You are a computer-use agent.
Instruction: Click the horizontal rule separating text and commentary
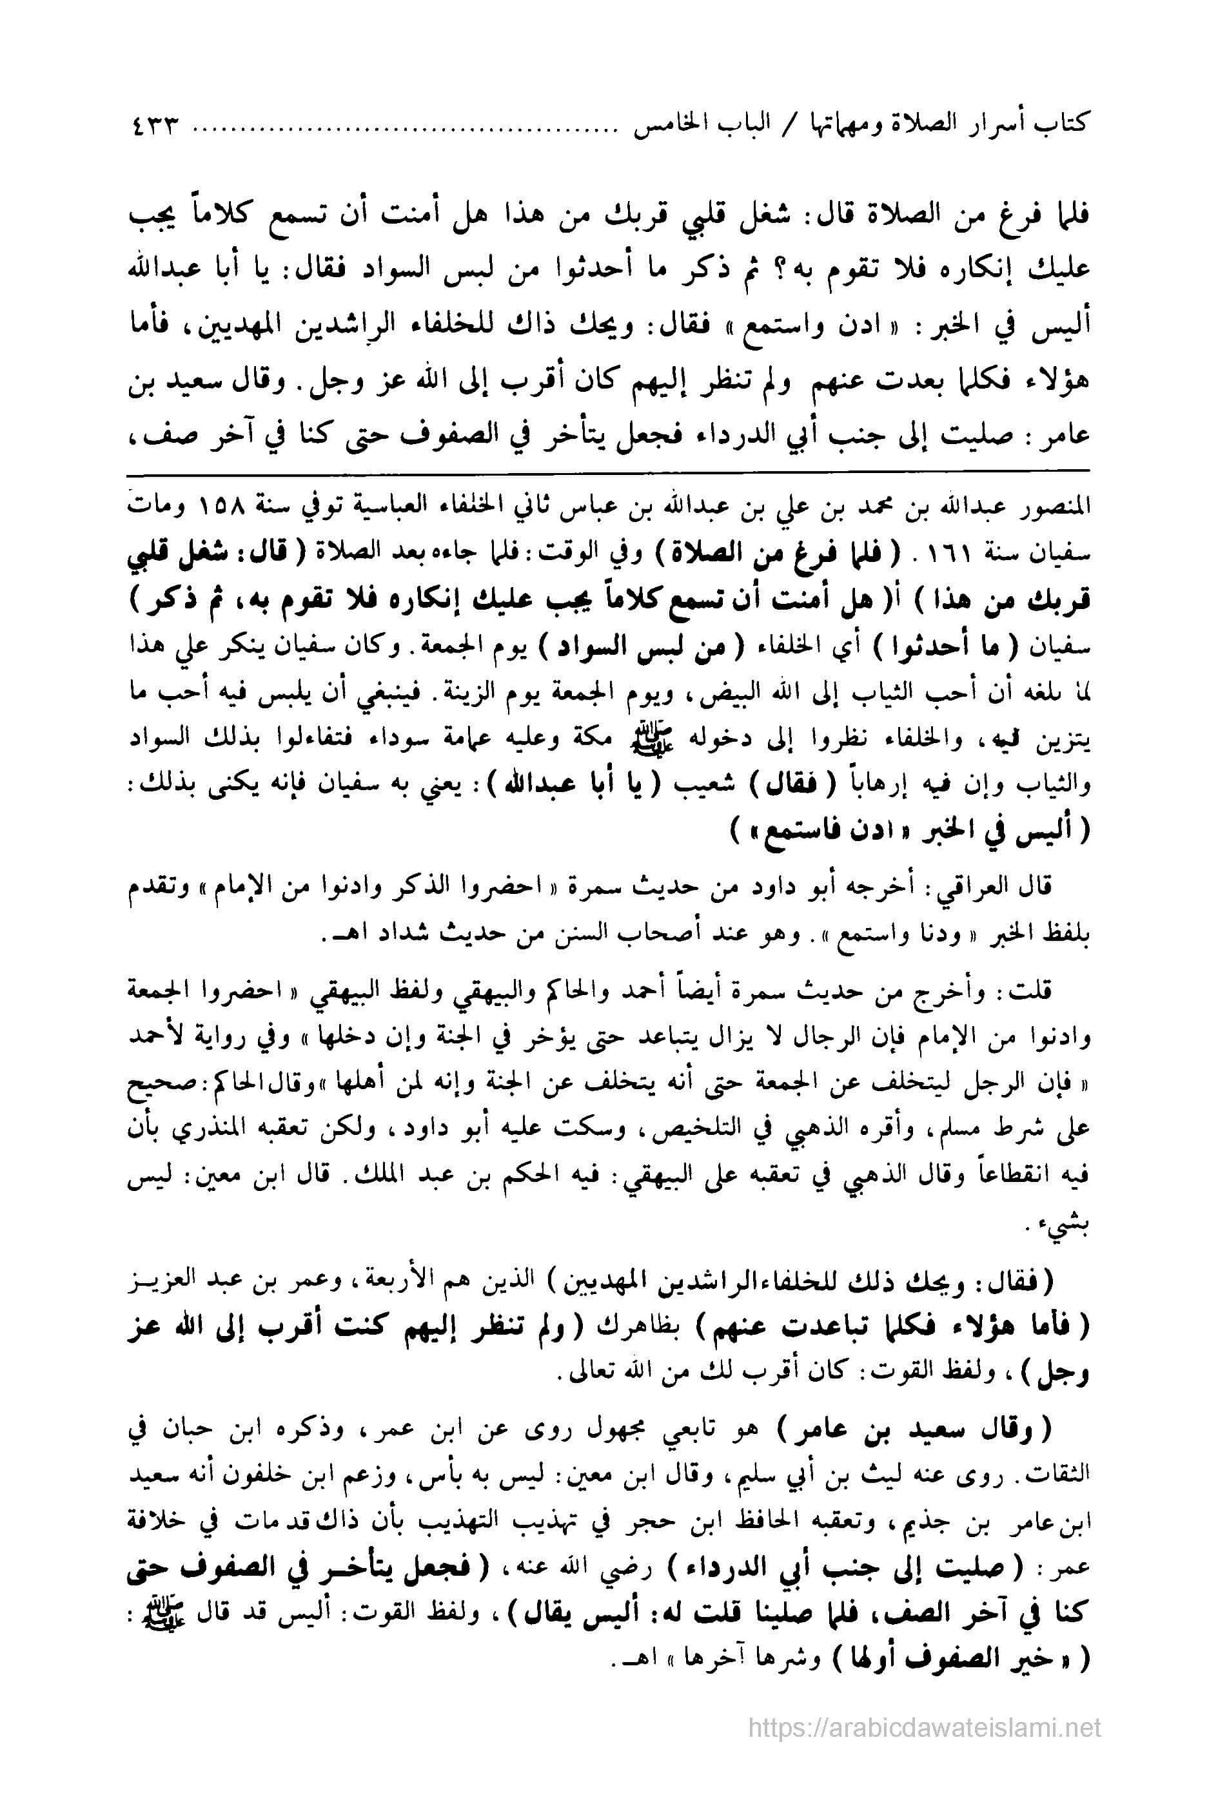(x=608, y=470)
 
